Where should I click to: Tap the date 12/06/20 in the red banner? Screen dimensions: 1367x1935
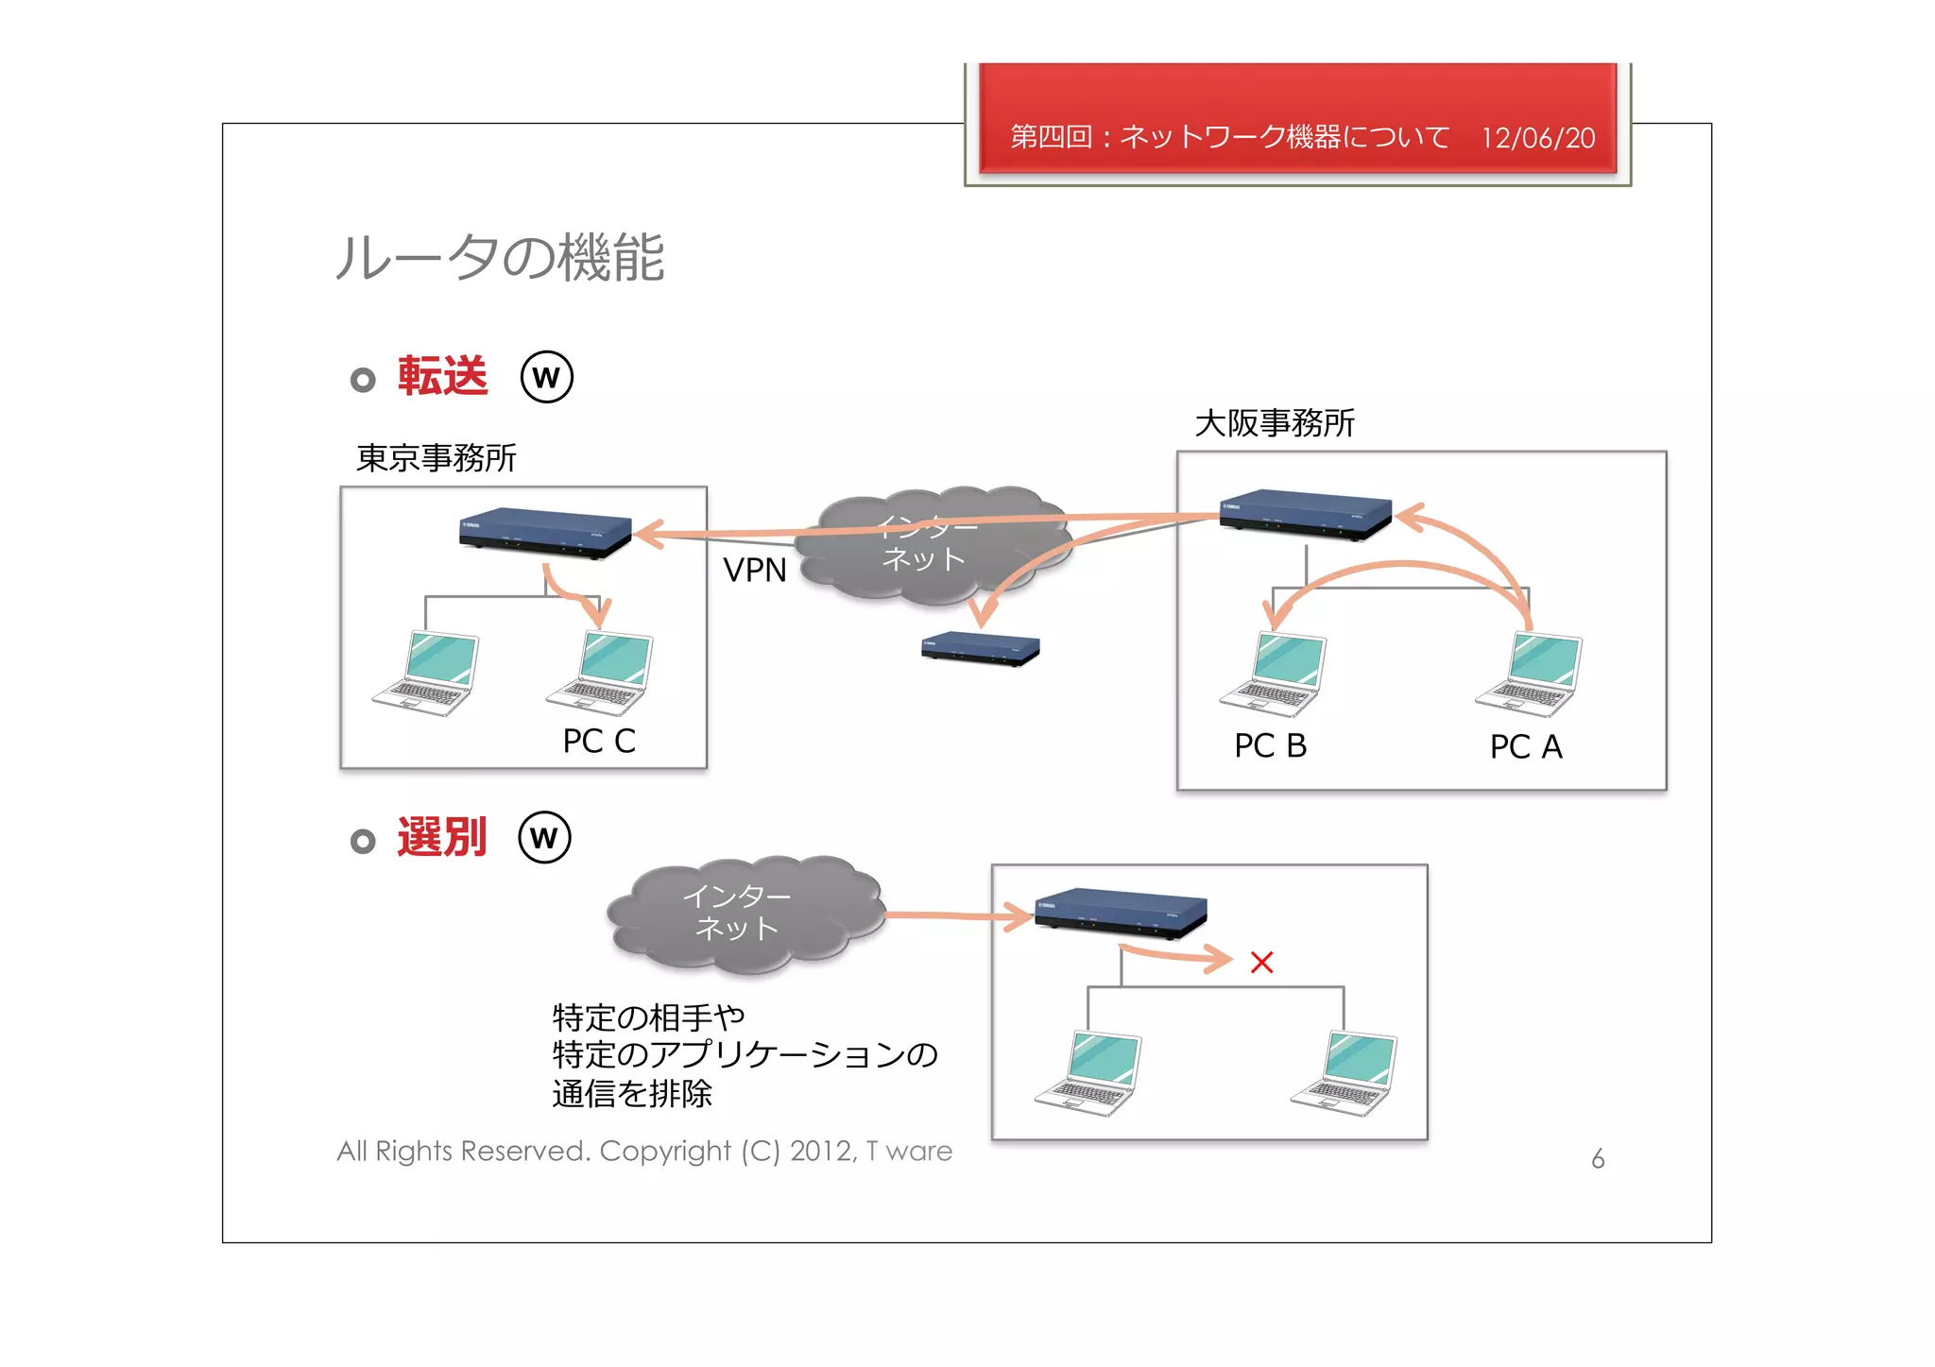coord(1537,138)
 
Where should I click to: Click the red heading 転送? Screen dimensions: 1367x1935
coord(442,376)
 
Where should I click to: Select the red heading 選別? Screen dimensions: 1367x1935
coord(441,837)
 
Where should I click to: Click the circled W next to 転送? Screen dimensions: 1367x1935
coord(546,377)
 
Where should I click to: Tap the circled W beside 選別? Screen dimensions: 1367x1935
coord(544,838)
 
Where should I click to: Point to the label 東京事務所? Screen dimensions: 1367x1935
coord(436,458)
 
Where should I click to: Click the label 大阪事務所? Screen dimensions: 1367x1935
coord(1274,423)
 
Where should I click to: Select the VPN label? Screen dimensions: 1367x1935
coord(754,570)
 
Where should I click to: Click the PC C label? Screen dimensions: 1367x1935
coord(599,741)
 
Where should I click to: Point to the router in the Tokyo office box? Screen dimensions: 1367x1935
coord(544,534)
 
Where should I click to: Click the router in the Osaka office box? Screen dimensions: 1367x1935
coord(1305,514)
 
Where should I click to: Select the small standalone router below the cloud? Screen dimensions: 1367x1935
coord(980,649)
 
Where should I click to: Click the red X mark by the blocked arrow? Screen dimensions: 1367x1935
coord(1261,963)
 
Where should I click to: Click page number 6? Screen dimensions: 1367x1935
coord(1598,1159)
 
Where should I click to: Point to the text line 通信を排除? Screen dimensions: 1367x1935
coord(631,1094)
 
